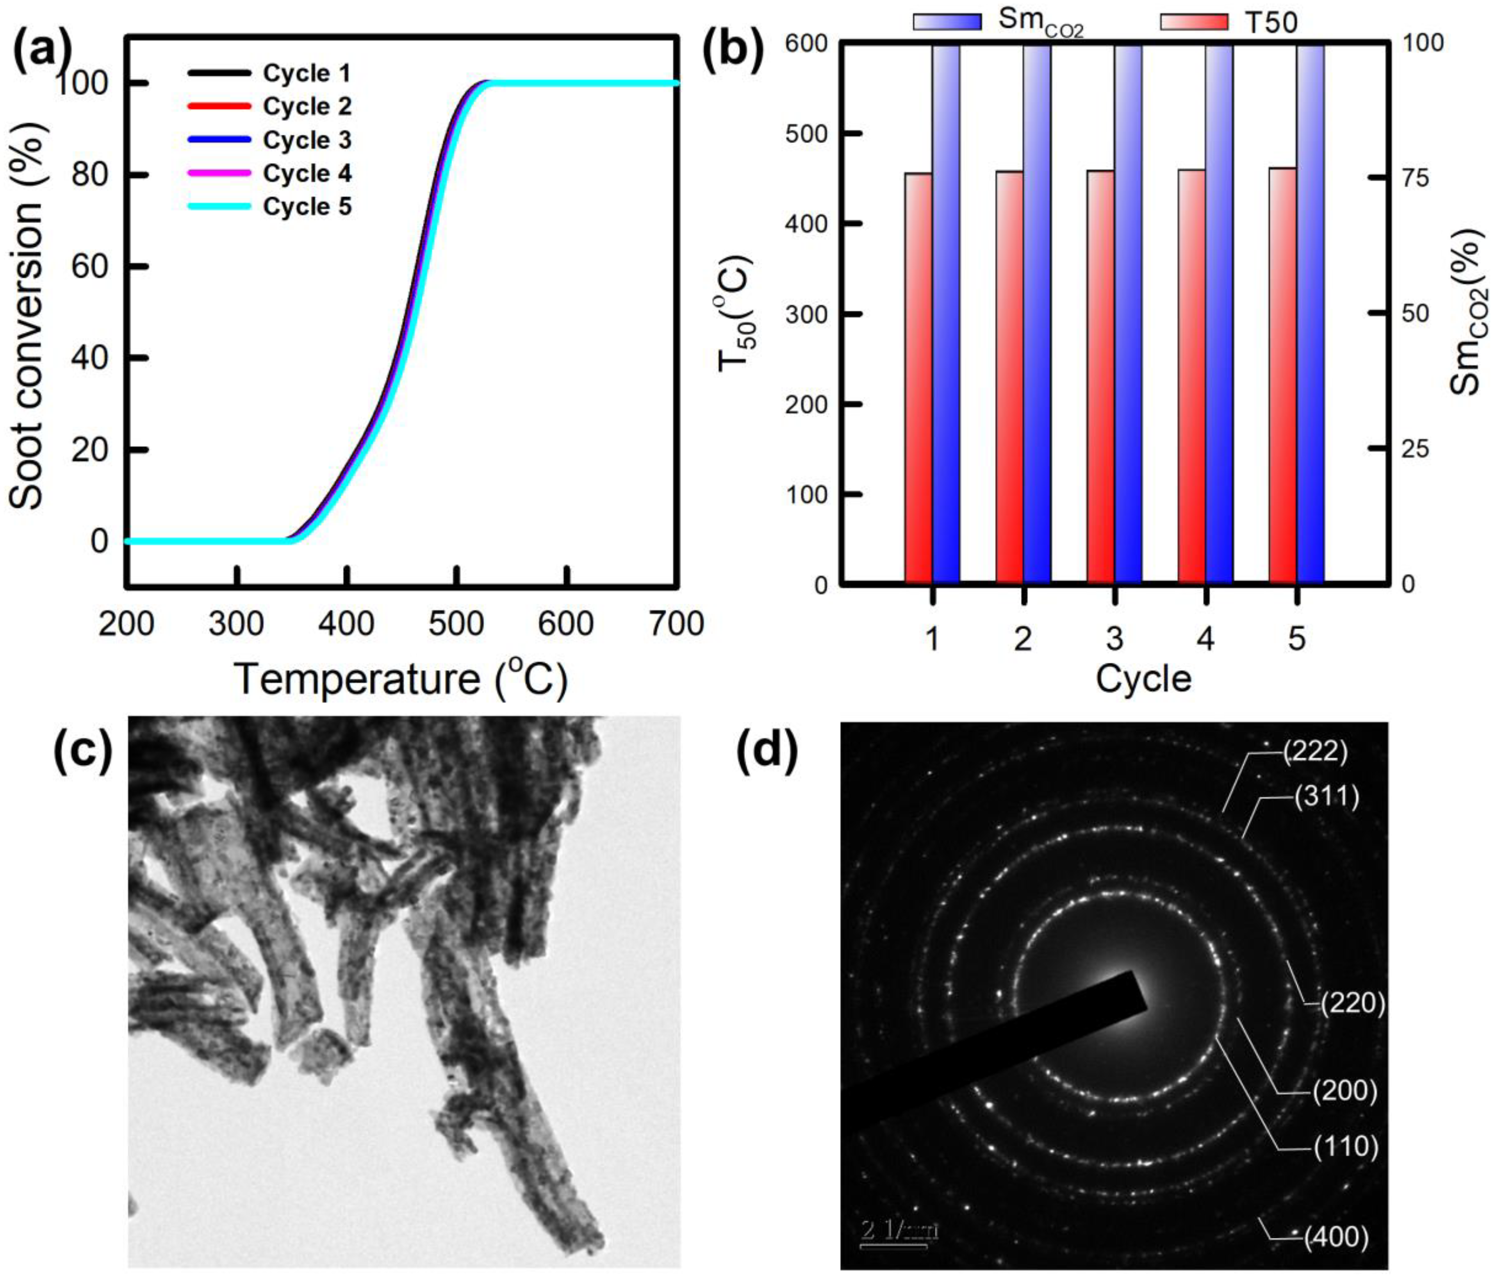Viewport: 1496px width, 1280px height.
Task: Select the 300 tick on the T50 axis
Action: [806, 314]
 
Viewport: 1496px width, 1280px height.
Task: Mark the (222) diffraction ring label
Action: [1316, 752]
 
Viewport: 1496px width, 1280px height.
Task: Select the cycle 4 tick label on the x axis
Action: [1205, 638]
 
